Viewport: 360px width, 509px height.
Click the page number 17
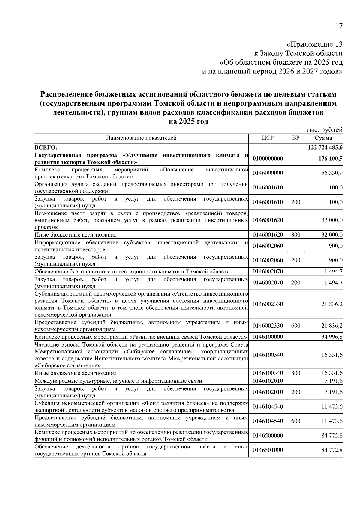338,26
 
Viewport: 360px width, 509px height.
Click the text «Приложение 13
314,45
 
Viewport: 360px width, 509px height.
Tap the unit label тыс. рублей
324,130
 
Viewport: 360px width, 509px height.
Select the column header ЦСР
267,138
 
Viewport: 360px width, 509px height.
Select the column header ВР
295,138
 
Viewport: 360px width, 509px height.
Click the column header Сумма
323,138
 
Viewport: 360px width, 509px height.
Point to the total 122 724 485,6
325,147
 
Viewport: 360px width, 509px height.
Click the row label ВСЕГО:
46,147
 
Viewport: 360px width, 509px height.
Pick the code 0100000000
268,159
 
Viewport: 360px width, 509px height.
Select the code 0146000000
268,173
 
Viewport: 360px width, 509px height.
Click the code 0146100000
268,337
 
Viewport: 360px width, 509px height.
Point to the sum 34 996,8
332,337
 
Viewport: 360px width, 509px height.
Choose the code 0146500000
268,436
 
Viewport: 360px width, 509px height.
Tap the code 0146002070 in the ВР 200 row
268,283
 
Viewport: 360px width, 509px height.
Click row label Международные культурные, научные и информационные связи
118,381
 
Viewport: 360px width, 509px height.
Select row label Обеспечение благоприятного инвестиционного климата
132,272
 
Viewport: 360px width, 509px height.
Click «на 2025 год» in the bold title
188,122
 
